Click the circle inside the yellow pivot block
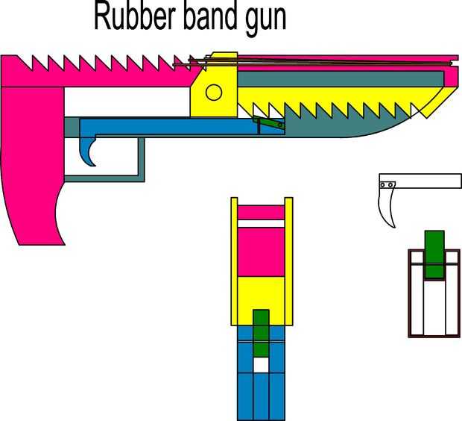coord(214,93)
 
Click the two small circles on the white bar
coord(386,185)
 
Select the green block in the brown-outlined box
coord(434,254)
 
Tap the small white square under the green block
coord(260,365)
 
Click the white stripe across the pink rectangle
coord(261,223)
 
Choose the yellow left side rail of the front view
coord(234,261)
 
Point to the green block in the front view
coord(261,333)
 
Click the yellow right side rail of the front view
coord(289,261)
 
